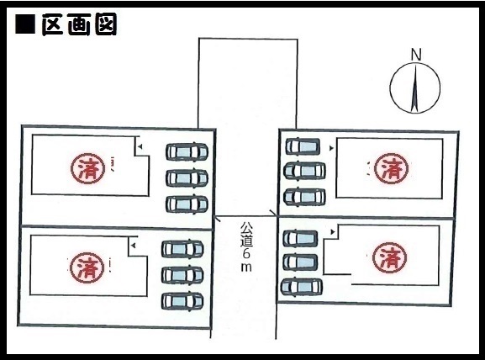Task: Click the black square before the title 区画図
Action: pyautogui.click(x=25, y=24)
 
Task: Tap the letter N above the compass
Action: pyautogui.click(x=416, y=55)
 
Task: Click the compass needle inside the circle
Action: pyautogui.click(x=414, y=87)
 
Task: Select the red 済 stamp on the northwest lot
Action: pyautogui.click(x=87, y=168)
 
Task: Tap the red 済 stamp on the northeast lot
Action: pyautogui.click(x=392, y=169)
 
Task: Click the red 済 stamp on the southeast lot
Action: pyautogui.click(x=389, y=257)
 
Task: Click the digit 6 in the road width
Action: pyautogui.click(x=246, y=253)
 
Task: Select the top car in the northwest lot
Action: pyautogui.click(x=187, y=151)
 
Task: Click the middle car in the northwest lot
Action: pyautogui.click(x=187, y=177)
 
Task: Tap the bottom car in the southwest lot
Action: pyautogui.click(x=182, y=300)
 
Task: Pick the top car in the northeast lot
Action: pyautogui.click(x=303, y=146)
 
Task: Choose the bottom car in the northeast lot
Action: pyautogui.click(x=304, y=197)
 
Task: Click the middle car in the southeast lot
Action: pyautogui.click(x=300, y=262)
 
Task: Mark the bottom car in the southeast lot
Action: pyautogui.click(x=302, y=287)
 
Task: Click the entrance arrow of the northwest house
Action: pyautogui.click(x=140, y=146)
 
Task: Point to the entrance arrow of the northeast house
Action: pyautogui.click(x=332, y=149)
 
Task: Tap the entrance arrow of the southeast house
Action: pyautogui.click(x=333, y=231)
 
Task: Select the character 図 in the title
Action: pyautogui.click(x=106, y=24)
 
